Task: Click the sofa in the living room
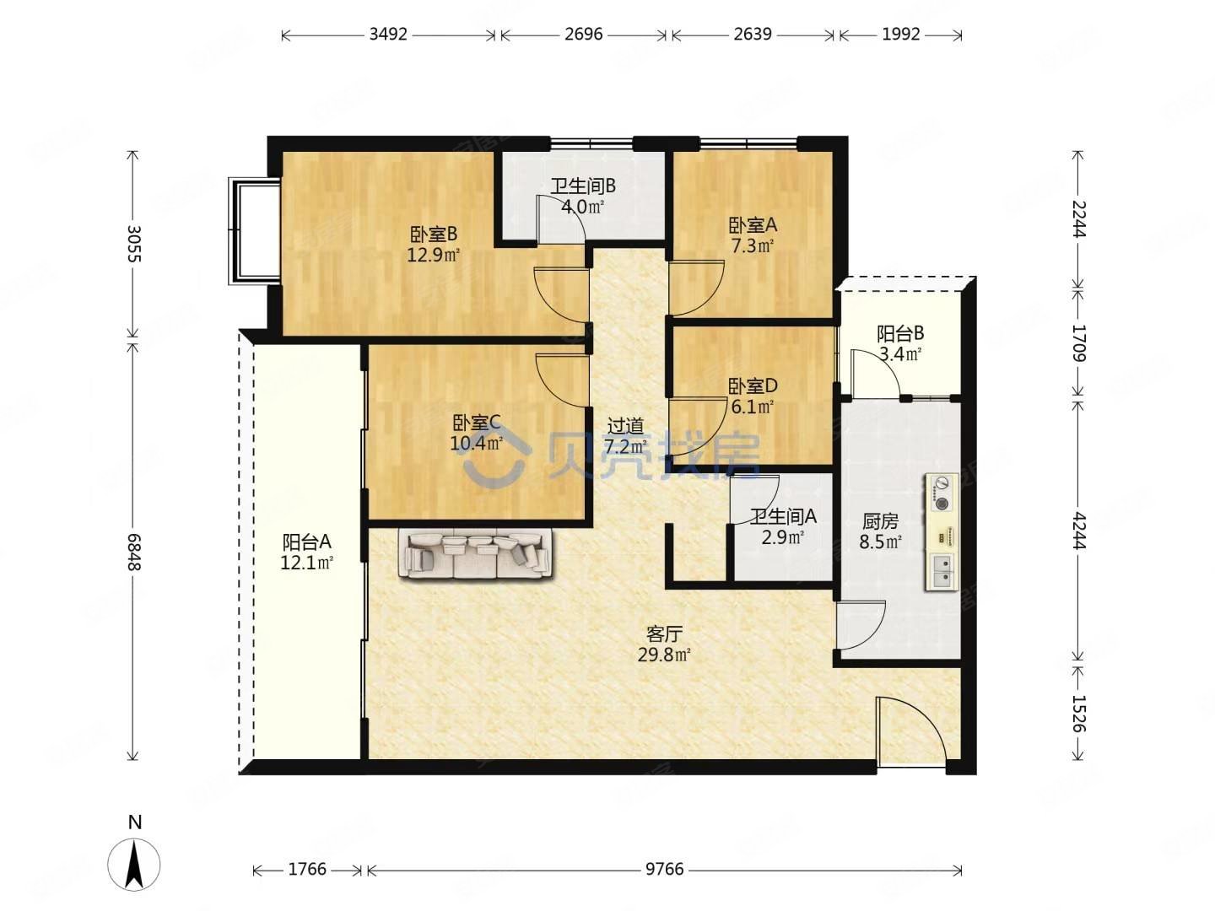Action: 477,553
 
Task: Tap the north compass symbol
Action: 134,864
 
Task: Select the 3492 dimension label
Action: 388,35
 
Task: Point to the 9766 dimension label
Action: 664,869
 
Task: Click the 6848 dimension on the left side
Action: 133,552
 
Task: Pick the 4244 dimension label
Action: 1077,531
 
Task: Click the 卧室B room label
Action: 434,234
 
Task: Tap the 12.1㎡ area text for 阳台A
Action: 306,563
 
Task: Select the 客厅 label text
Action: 664,633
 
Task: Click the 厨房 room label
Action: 880,521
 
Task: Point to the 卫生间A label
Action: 783,516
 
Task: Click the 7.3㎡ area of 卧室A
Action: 753,245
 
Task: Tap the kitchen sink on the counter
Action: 941,570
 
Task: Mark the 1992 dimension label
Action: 900,35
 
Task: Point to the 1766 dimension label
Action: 307,869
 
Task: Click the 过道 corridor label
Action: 625,426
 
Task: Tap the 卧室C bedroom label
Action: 477,423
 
